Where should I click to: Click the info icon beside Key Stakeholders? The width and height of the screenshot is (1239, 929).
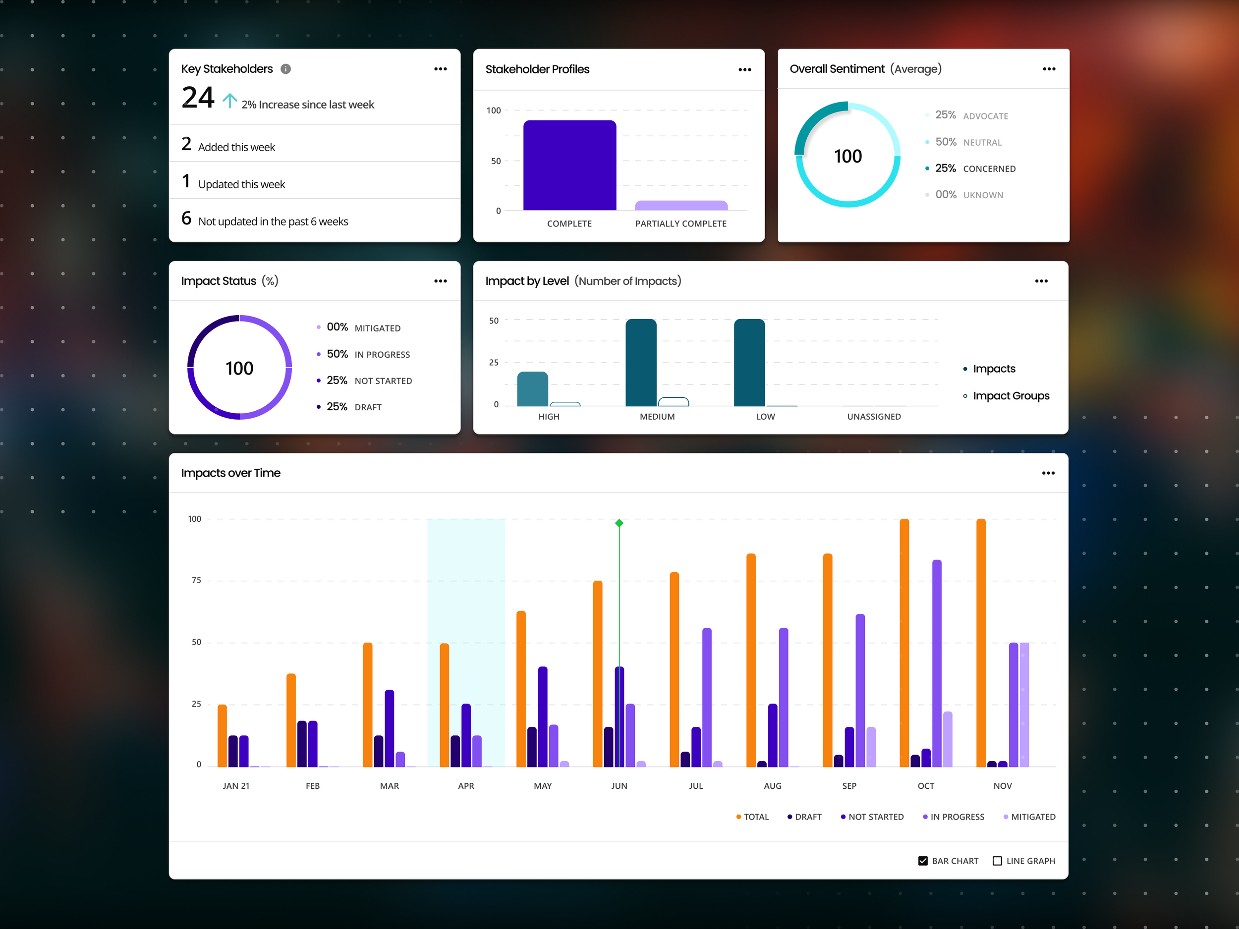pos(285,69)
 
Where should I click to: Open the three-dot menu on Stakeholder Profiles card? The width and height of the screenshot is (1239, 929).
pos(744,69)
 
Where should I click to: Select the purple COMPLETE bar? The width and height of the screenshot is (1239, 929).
pos(569,166)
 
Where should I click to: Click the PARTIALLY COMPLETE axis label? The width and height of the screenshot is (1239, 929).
pos(680,223)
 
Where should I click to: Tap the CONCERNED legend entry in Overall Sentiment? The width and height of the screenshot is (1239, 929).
pos(975,168)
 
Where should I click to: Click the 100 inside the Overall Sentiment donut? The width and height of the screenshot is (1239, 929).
pos(847,156)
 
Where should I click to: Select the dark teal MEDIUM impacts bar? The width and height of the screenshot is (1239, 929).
pos(641,363)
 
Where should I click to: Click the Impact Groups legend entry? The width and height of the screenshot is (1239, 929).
pos(1011,396)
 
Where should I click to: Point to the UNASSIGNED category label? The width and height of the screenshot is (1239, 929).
pos(874,417)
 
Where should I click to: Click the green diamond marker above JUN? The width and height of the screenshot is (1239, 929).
pos(619,523)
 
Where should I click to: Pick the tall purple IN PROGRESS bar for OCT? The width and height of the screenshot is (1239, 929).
pos(937,663)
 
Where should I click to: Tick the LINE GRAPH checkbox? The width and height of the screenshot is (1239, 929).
pos(997,861)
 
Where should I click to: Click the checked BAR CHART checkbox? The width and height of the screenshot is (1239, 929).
pos(922,861)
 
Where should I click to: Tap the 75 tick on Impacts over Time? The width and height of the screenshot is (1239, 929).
pos(196,580)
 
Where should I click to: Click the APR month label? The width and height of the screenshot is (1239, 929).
pos(465,786)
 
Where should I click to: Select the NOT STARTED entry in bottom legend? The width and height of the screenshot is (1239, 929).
pos(872,817)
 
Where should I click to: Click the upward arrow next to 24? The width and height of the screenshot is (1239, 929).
pos(229,101)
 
